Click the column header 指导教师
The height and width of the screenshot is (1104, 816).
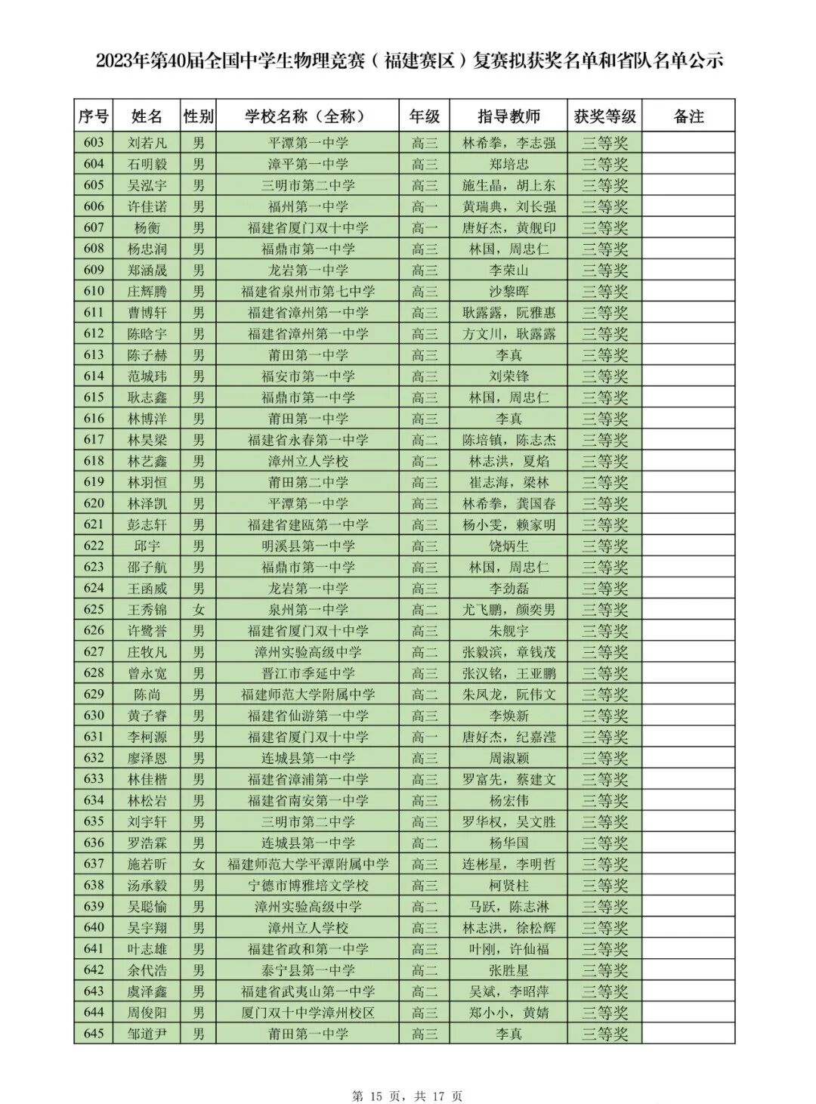(508, 116)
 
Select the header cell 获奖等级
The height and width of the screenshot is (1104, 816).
(604, 116)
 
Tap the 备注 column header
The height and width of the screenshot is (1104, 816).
(688, 116)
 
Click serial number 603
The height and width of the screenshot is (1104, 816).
(94, 143)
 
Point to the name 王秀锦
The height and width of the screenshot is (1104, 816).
(147, 609)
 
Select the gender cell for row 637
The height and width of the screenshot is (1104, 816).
(199, 864)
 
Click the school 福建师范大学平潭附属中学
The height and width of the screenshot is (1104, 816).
(308, 864)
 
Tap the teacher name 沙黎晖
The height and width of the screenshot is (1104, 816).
(508, 291)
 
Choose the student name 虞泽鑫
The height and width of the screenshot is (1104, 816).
(147, 991)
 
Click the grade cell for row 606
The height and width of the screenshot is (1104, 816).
(424, 206)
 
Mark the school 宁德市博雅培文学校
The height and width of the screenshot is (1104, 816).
(308, 885)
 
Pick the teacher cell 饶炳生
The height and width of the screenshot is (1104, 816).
(508, 546)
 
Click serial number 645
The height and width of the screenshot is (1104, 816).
(94, 1033)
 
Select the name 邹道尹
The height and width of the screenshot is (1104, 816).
(147, 1033)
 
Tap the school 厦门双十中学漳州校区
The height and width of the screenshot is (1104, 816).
(308, 1012)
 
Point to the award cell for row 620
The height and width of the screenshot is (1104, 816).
(604, 503)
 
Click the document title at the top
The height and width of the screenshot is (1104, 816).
(409, 60)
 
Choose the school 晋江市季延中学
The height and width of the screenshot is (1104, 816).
(308, 673)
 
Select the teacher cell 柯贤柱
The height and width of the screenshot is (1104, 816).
(508, 885)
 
